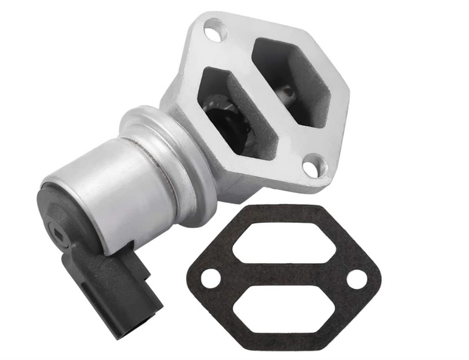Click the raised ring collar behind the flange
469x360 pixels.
(x=163, y=148)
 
